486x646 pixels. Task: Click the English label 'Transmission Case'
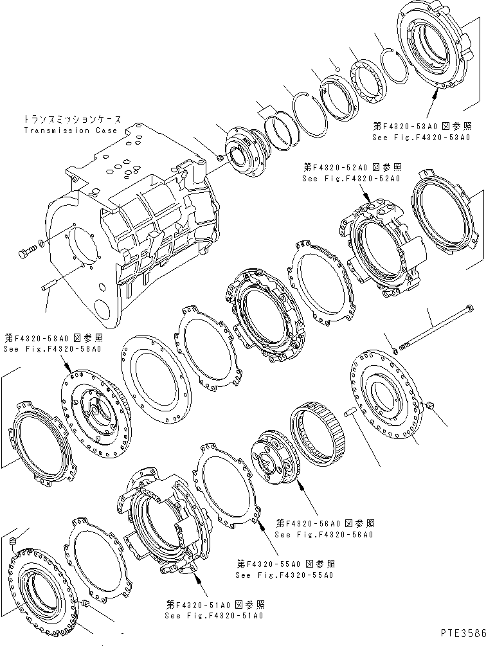(70, 130)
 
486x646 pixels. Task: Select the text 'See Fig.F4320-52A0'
(350, 178)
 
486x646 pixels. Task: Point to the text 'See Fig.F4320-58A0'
(52, 348)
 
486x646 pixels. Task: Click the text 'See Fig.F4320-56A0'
(323, 534)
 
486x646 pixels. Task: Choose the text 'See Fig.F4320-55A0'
(284, 575)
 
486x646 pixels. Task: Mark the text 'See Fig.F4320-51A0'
(213, 615)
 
